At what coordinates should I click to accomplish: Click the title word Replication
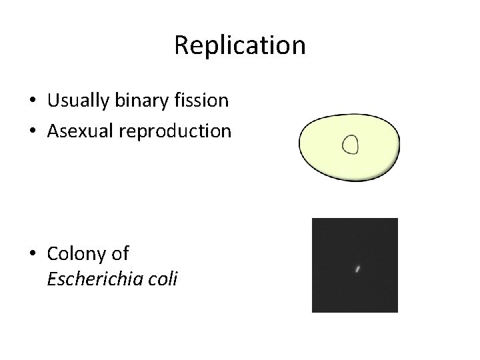click(239, 46)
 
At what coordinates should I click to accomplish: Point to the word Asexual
click(79, 131)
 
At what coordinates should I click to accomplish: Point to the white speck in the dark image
click(357, 269)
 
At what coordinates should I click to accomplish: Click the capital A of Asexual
click(54, 131)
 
